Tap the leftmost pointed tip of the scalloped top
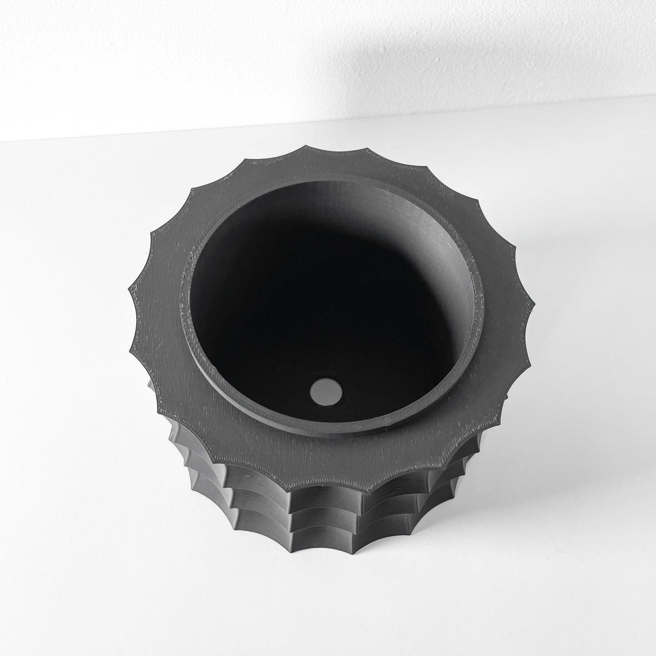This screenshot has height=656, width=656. coord(130,287)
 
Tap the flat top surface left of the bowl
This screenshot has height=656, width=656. coord(159,295)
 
